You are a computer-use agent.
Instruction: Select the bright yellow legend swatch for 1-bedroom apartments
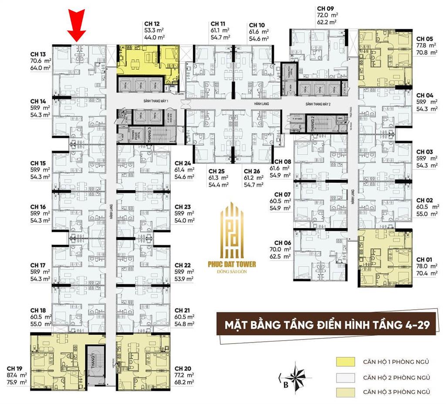coord(344,362)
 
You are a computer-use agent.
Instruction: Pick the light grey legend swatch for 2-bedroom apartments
coord(344,377)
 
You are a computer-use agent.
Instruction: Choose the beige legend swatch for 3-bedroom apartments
coord(344,392)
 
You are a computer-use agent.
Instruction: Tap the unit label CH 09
coord(325,8)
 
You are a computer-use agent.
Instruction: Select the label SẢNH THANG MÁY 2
coord(318,105)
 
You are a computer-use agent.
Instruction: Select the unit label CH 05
coord(425,38)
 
